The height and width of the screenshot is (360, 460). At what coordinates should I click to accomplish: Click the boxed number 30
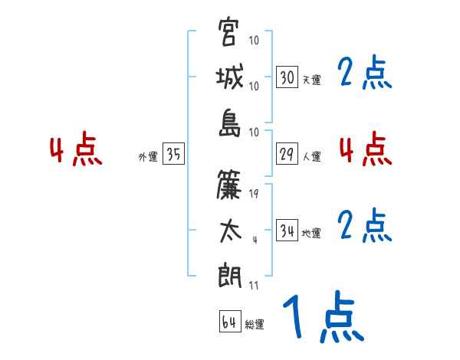(x=287, y=77)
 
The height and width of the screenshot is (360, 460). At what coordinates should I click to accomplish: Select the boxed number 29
(x=287, y=154)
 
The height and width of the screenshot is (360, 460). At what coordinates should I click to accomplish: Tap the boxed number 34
(x=287, y=231)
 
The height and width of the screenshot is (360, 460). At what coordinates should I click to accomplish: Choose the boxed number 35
(x=173, y=154)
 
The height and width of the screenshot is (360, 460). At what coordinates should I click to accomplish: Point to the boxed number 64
(x=229, y=322)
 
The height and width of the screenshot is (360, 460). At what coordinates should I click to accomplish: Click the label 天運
(x=311, y=80)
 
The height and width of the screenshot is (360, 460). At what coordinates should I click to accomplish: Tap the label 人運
(x=311, y=156)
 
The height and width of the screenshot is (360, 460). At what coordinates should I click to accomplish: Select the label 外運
(x=148, y=156)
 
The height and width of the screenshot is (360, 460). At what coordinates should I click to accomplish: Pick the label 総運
(x=255, y=324)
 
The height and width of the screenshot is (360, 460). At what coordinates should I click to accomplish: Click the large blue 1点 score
(x=322, y=318)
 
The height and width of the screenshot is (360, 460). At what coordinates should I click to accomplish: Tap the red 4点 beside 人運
(x=366, y=149)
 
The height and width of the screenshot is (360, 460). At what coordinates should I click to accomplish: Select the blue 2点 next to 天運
(x=365, y=74)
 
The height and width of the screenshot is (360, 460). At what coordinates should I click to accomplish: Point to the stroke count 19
(x=254, y=194)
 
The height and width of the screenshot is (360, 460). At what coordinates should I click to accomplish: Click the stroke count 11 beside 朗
(x=254, y=286)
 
